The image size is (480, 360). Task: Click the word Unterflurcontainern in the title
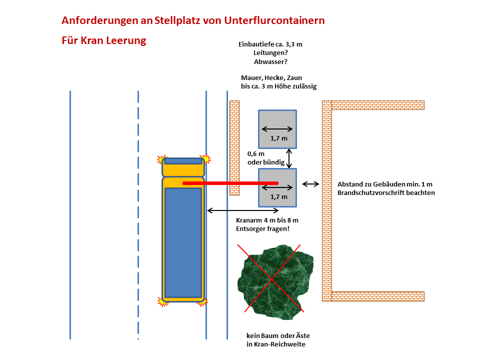pyautogui.click(x=274, y=21)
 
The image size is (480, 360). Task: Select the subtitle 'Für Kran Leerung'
pyautogui.click(x=103, y=40)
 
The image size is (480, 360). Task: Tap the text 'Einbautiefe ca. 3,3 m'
pyautogui.click(x=270, y=44)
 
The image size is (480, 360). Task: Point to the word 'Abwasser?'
pyautogui.click(x=270, y=61)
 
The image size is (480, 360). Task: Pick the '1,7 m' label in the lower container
pyautogui.click(x=278, y=196)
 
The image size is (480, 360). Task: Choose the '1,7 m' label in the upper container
pyautogui.click(x=278, y=138)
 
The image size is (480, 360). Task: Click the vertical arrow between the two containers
pyautogui.click(x=288, y=158)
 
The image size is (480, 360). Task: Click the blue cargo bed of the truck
pyautogui.click(x=183, y=242)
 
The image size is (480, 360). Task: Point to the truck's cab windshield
pyautogui.click(x=183, y=161)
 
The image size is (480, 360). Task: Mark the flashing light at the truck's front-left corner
pyautogui.click(x=160, y=160)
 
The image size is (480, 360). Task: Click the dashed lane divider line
pyautogui.click(x=138, y=215)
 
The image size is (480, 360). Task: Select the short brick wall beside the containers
pyautogui.click(x=234, y=147)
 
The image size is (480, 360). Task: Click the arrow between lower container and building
pyautogui.click(x=311, y=184)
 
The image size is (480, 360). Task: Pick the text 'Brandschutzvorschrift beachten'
pyautogui.click(x=386, y=192)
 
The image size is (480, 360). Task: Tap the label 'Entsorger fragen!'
pyautogui.click(x=262, y=228)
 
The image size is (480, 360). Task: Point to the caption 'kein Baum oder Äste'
pyautogui.click(x=275, y=336)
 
